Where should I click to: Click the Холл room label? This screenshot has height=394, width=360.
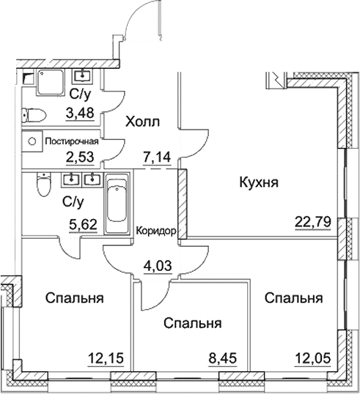click(142, 122)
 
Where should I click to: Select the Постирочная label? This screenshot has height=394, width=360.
click(72, 141)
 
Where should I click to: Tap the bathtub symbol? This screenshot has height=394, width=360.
click(117, 202)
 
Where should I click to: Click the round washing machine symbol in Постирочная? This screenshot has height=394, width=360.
click(34, 139)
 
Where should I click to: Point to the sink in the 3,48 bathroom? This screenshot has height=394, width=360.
click(84, 75)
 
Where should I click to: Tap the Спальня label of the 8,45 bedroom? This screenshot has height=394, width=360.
click(193, 323)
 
